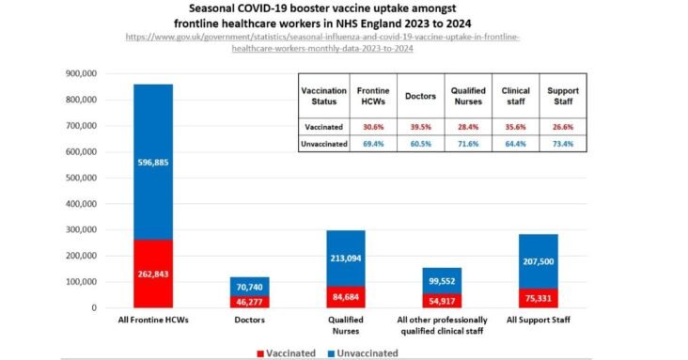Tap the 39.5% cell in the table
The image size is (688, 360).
point(419,126)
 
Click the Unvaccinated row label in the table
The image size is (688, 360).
point(317,144)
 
